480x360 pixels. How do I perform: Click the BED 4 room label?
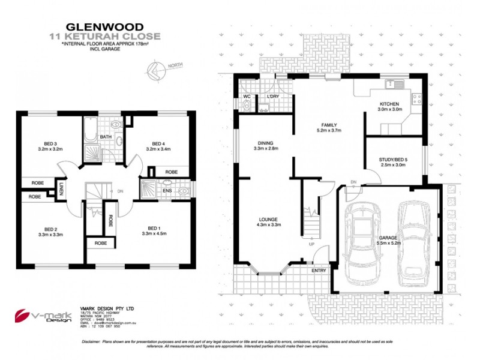pyautogui.click(x=158, y=144)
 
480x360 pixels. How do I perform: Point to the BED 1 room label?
pyautogui.click(x=155, y=229)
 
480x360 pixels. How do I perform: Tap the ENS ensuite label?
pyautogui.click(x=166, y=191)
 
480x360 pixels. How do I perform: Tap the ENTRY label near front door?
pyautogui.click(x=319, y=271)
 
